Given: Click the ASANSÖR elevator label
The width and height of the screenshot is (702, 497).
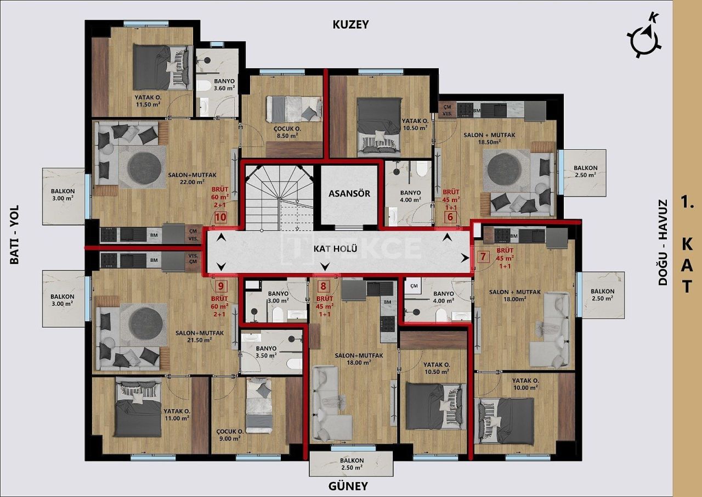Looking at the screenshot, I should [349, 193].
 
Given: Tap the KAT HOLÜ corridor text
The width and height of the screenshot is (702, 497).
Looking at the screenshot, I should [336, 249].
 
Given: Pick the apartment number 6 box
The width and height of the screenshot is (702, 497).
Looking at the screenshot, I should [450, 216].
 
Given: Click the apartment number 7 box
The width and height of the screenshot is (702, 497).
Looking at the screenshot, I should [483, 256].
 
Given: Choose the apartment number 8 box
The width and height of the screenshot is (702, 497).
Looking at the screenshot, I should [324, 286].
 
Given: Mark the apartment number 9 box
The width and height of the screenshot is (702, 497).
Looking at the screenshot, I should [220, 286].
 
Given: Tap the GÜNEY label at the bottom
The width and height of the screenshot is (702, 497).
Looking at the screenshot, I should [348, 486].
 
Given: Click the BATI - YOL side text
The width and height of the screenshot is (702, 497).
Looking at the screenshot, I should [15, 234].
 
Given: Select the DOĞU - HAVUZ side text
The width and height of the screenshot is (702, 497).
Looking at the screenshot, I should [663, 242].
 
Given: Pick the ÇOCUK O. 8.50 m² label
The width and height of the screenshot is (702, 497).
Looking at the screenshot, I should [286, 132].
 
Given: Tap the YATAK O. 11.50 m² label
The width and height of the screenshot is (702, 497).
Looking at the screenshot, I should [148, 100].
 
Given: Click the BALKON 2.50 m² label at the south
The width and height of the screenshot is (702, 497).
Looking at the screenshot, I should [351, 464].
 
